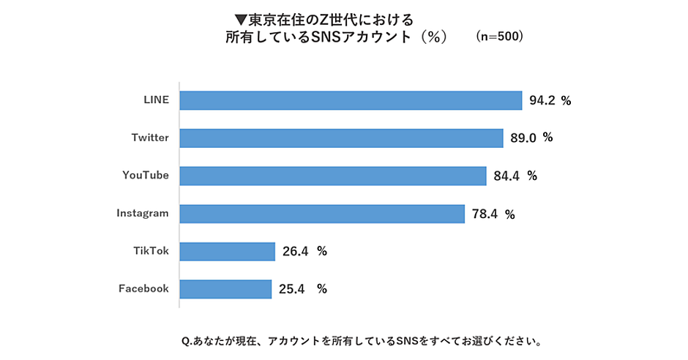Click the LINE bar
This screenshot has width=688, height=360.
351,100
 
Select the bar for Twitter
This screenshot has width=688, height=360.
341,138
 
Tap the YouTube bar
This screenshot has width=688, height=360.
332,176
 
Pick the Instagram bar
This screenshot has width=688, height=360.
322,214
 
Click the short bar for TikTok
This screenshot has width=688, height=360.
228,251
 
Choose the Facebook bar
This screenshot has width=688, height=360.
225,289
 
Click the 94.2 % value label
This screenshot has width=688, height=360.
550,100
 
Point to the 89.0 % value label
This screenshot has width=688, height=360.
531,138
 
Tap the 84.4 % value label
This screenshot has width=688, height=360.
515,176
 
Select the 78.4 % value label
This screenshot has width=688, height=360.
493,214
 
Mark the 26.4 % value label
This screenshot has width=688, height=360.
304,251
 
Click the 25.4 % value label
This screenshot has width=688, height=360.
303,289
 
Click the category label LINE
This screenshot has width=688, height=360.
156,100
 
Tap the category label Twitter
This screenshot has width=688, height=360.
150,138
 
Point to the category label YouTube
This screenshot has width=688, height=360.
146,176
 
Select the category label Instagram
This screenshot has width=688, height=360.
143,214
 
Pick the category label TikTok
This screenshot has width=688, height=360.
151,251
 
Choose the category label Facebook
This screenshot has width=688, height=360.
143,288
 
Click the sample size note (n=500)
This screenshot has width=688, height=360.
499,37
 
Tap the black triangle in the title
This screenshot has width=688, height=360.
241,20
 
